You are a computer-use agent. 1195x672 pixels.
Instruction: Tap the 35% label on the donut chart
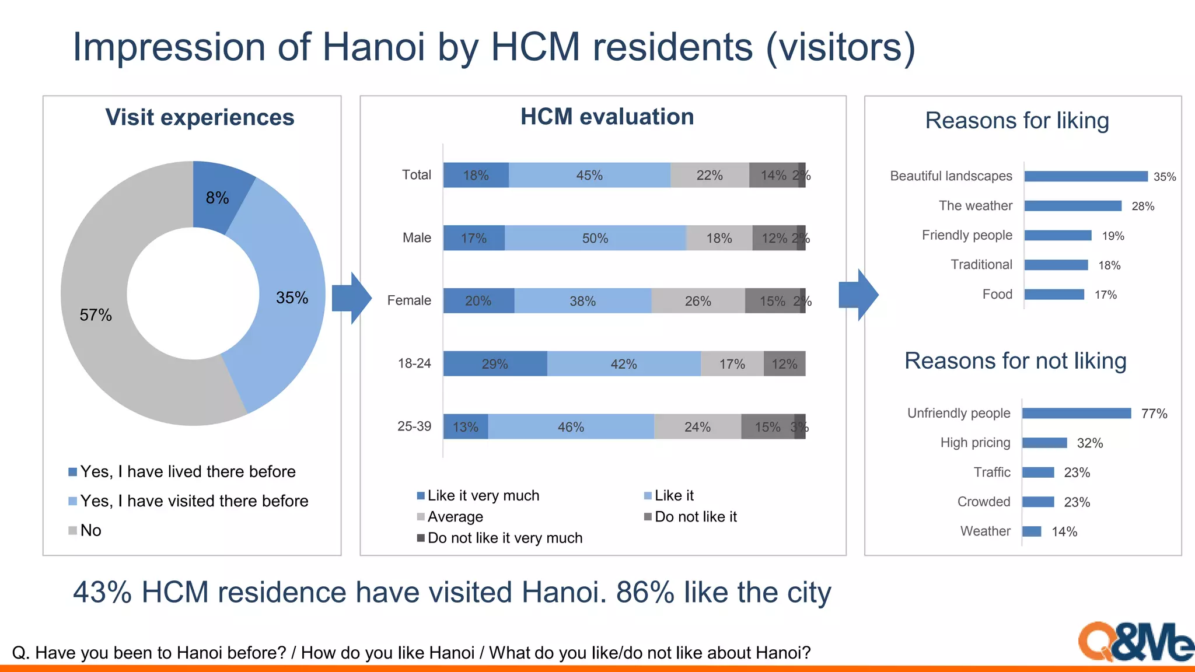click(292, 297)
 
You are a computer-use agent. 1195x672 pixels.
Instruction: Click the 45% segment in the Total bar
click(589, 175)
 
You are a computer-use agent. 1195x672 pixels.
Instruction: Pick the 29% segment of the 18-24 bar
click(495, 364)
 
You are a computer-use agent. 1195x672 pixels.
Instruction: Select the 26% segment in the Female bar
click(698, 301)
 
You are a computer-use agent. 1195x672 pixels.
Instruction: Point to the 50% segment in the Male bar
click(595, 238)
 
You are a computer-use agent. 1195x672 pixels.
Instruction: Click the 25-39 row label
click(414, 426)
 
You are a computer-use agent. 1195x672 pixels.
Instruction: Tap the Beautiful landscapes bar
click(1085, 176)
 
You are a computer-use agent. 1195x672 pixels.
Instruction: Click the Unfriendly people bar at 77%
click(1077, 413)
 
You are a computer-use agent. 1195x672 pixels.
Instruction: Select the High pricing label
click(975, 443)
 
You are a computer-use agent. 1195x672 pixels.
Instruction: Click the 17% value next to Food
click(1105, 295)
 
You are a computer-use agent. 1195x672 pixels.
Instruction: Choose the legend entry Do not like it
click(695, 517)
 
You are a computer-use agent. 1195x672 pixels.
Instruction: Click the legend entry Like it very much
click(483, 496)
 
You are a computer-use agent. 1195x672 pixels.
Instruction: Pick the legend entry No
click(90, 530)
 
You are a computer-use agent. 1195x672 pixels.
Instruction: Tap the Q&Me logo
click(1135, 642)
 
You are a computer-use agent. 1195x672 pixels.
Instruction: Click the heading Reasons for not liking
click(1015, 361)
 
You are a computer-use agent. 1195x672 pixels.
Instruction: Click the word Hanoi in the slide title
click(373, 47)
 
